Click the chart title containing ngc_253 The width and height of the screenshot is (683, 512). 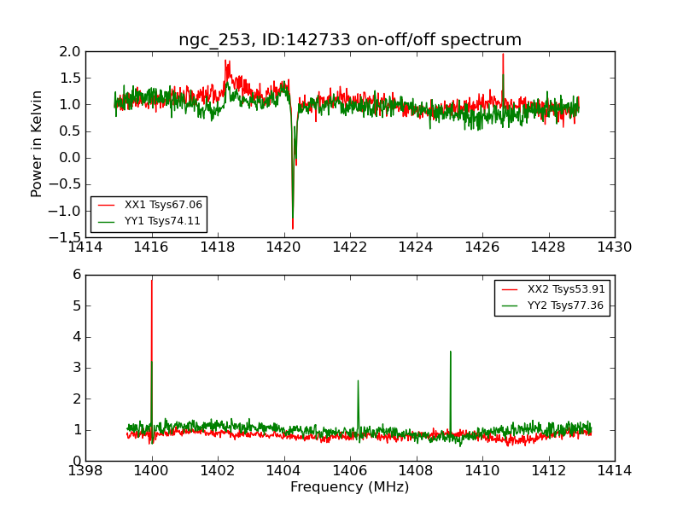point(350,40)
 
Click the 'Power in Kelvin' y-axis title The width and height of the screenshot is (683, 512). point(37,143)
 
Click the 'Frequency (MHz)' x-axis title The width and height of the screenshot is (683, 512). point(350,487)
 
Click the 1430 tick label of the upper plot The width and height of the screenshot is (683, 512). point(615,247)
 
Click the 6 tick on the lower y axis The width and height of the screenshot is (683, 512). point(76,275)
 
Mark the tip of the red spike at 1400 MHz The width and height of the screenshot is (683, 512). point(152,280)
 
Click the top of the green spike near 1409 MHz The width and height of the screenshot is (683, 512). point(450,351)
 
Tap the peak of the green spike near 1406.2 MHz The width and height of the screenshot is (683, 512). point(358,381)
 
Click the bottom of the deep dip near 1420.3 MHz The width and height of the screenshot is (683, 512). point(292,229)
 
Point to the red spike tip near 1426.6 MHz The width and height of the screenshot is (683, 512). point(503,55)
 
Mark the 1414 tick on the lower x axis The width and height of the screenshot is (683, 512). point(615,470)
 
